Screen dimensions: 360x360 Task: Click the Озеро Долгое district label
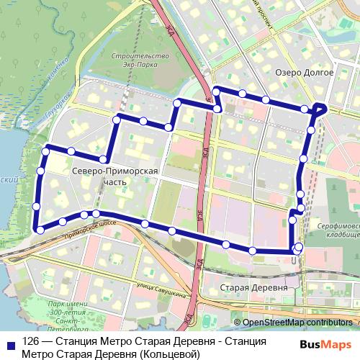pyautogui.click(x=304, y=72)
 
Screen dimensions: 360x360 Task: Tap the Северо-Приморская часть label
pyautogui.click(x=105, y=177)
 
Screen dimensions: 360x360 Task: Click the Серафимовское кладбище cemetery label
pyautogui.click(x=338, y=231)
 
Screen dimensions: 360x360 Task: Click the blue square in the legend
pyautogui.click(x=11, y=346)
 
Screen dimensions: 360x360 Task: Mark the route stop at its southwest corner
pyautogui.click(x=40, y=230)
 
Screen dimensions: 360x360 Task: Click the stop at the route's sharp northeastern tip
pyautogui.click(x=323, y=108)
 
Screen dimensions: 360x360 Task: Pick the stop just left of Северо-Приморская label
pyautogui.click(x=104, y=159)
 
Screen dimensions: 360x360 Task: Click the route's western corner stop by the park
pyautogui.click(x=47, y=150)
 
